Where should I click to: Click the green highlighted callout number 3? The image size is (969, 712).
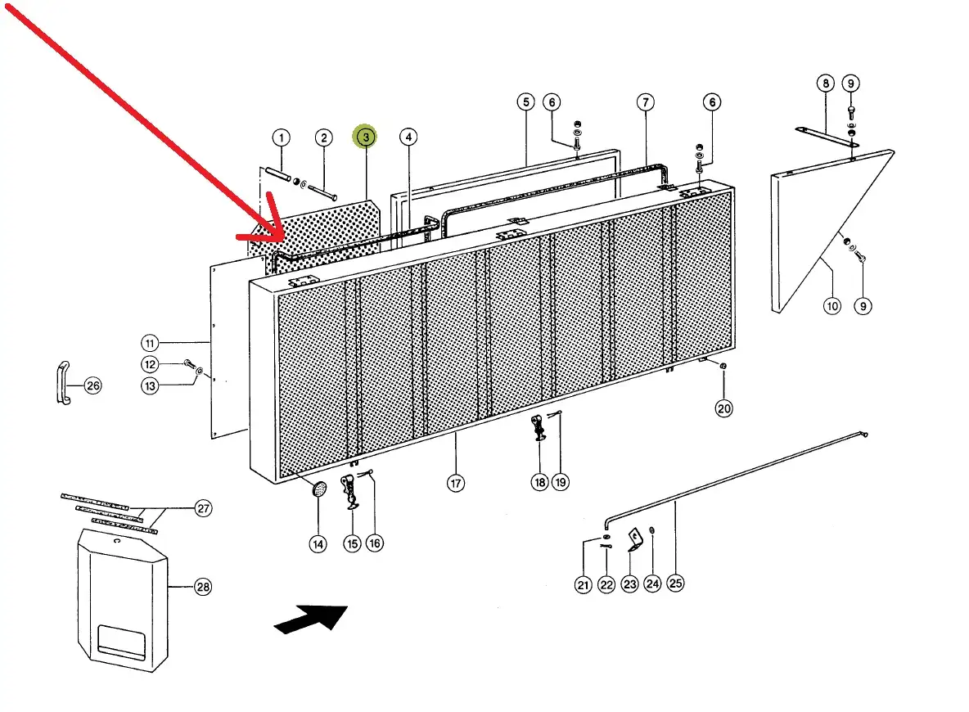click(x=365, y=137)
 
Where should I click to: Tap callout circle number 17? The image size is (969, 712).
click(x=455, y=483)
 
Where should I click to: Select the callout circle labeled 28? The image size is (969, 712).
click(x=203, y=586)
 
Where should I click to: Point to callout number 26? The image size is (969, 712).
click(x=92, y=385)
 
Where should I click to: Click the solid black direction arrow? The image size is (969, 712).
click(x=311, y=618)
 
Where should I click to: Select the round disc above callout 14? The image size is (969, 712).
click(x=319, y=489)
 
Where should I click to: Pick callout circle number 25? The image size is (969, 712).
click(x=675, y=583)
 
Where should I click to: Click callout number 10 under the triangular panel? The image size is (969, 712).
click(x=832, y=306)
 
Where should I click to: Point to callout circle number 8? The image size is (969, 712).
click(x=825, y=83)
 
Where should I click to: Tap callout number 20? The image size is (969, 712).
click(x=724, y=408)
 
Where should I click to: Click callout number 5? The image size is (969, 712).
click(x=525, y=102)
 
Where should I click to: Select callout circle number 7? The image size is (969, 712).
click(x=646, y=102)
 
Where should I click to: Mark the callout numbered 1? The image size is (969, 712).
click(x=281, y=137)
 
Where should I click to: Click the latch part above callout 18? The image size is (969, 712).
click(x=539, y=427)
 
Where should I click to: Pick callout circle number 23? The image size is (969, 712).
click(x=629, y=584)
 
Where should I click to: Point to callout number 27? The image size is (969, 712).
click(x=203, y=508)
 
